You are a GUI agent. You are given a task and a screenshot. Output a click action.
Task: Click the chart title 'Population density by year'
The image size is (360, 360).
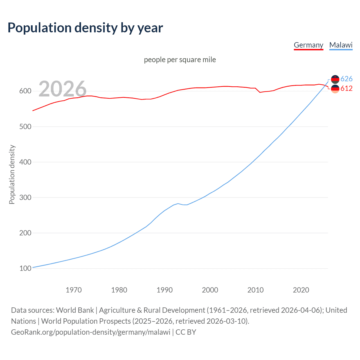(85, 28)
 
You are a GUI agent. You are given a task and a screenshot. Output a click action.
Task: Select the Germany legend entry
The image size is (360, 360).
(308, 45)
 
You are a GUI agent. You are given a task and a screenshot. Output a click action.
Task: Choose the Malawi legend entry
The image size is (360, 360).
(341, 45)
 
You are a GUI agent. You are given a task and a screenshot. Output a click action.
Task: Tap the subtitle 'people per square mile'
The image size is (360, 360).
(180, 60)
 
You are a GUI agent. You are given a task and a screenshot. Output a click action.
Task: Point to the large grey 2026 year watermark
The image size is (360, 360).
(62, 89)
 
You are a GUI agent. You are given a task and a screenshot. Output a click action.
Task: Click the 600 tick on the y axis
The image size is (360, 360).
(25, 91)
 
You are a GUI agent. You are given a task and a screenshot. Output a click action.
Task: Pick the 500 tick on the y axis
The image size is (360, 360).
(25, 127)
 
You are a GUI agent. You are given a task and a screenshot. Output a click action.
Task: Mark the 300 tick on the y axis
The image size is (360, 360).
(25, 197)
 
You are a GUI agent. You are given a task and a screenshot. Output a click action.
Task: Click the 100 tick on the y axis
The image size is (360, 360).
(25, 268)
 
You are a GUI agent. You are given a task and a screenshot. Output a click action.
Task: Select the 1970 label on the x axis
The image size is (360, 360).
(74, 290)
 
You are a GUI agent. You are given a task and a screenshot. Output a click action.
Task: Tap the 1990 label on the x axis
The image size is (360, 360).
(165, 290)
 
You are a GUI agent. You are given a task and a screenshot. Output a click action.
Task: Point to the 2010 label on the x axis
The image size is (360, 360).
(255, 290)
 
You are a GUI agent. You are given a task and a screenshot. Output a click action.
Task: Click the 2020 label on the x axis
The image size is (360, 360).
(301, 290)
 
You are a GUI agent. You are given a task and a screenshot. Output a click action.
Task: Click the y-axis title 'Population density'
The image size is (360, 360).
(12, 174)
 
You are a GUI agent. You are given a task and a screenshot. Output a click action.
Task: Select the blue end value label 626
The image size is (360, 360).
(346, 79)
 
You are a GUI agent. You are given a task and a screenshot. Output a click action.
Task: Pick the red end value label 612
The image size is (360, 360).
(346, 89)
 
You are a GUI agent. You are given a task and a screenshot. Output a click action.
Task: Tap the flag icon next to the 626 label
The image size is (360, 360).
(335, 79)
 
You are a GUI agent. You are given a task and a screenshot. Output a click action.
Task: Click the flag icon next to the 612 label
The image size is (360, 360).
(335, 89)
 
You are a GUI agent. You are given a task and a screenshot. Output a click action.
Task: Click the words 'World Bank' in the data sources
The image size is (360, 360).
(75, 310)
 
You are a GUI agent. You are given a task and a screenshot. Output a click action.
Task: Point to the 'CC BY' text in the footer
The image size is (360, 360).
(186, 332)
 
